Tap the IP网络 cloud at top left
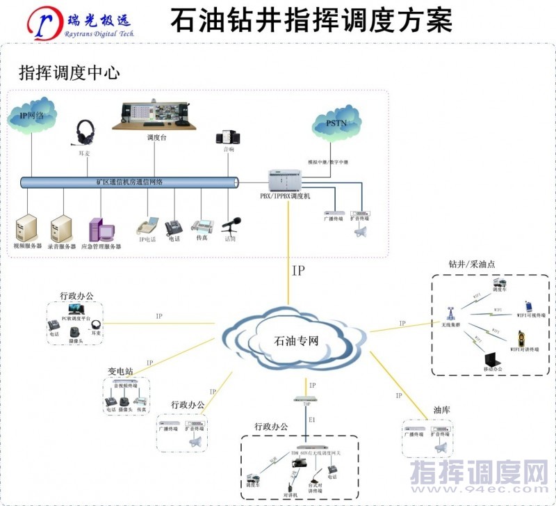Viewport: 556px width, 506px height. click(32, 115)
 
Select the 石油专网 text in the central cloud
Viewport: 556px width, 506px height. click(297, 341)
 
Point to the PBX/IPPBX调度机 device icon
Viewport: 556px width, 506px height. click(286, 180)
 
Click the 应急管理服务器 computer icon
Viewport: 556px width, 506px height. click(99, 230)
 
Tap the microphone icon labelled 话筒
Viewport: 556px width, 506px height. click(231, 225)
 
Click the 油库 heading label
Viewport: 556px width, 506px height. click(442, 410)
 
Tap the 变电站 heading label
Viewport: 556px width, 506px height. click(120, 371)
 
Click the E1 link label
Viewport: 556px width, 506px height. click(312, 420)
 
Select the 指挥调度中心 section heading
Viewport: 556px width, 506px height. click(69, 72)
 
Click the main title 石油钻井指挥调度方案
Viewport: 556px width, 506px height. click(311, 19)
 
